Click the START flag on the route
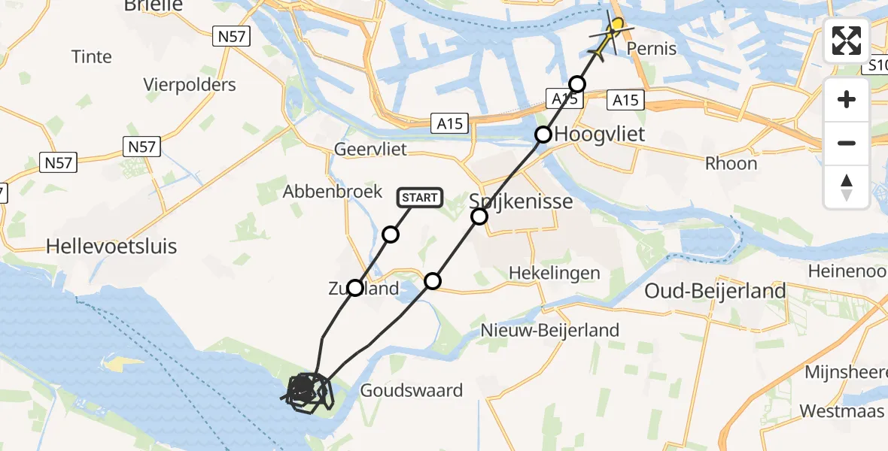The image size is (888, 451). click(x=420, y=198)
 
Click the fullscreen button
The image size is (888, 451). click(x=847, y=41)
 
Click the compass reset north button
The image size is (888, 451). click(x=847, y=187)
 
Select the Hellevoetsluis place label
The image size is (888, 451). click(x=111, y=246)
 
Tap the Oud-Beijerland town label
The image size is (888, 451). click(x=715, y=291)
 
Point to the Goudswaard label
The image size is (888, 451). click(x=411, y=390)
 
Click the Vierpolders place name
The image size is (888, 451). click(x=190, y=84)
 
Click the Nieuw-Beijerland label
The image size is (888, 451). click(x=550, y=329)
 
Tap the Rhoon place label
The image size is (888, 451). click(x=731, y=163)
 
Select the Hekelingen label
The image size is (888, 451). click(x=555, y=272)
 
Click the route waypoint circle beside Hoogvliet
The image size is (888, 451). click(x=543, y=135)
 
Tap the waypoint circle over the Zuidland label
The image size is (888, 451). click(x=354, y=287)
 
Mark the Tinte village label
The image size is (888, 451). click(x=91, y=56)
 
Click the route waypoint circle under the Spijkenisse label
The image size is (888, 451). click(x=479, y=217)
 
